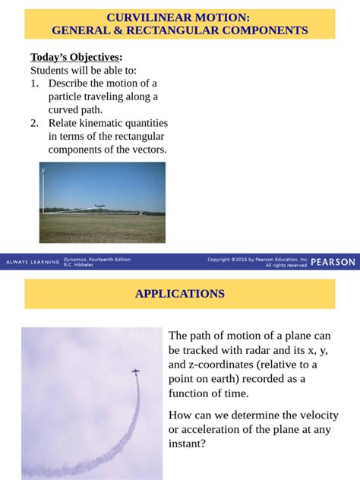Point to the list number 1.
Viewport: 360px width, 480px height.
point(34,84)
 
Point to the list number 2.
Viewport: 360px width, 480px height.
point(34,123)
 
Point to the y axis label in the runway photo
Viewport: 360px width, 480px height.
point(43,171)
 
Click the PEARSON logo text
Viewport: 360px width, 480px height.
point(333,262)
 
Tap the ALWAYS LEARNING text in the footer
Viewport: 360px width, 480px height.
point(33,262)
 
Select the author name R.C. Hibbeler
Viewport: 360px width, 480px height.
point(79,265)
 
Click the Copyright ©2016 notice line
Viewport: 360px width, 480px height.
point(257,259)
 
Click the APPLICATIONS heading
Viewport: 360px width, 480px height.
point(180,294)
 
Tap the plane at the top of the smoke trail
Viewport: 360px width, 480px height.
point(135,372)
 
